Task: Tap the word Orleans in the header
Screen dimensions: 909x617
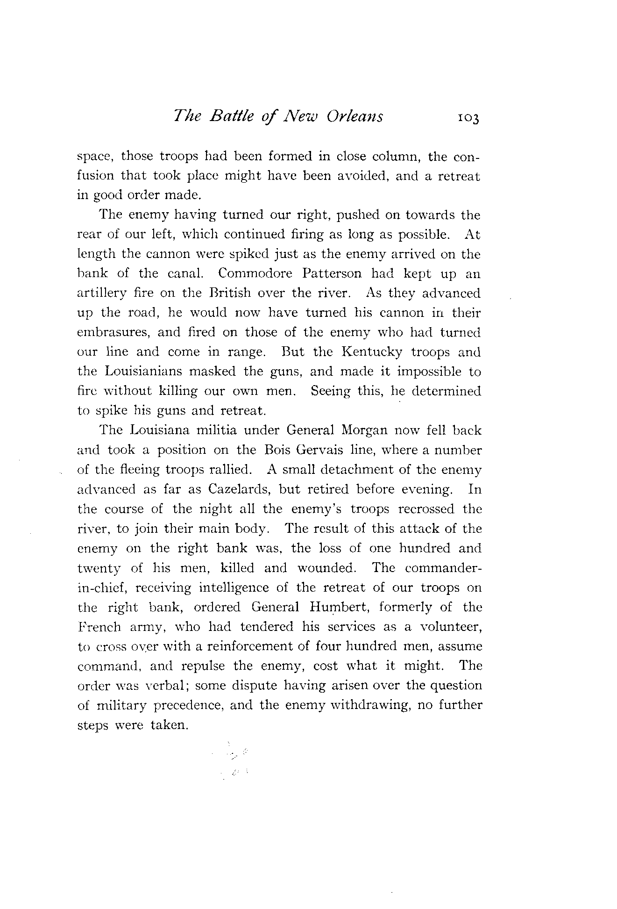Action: point(355,115)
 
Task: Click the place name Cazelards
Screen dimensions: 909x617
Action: point(239,489)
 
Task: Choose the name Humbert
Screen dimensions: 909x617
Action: point(340,607)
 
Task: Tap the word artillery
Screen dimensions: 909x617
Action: point(101,293)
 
